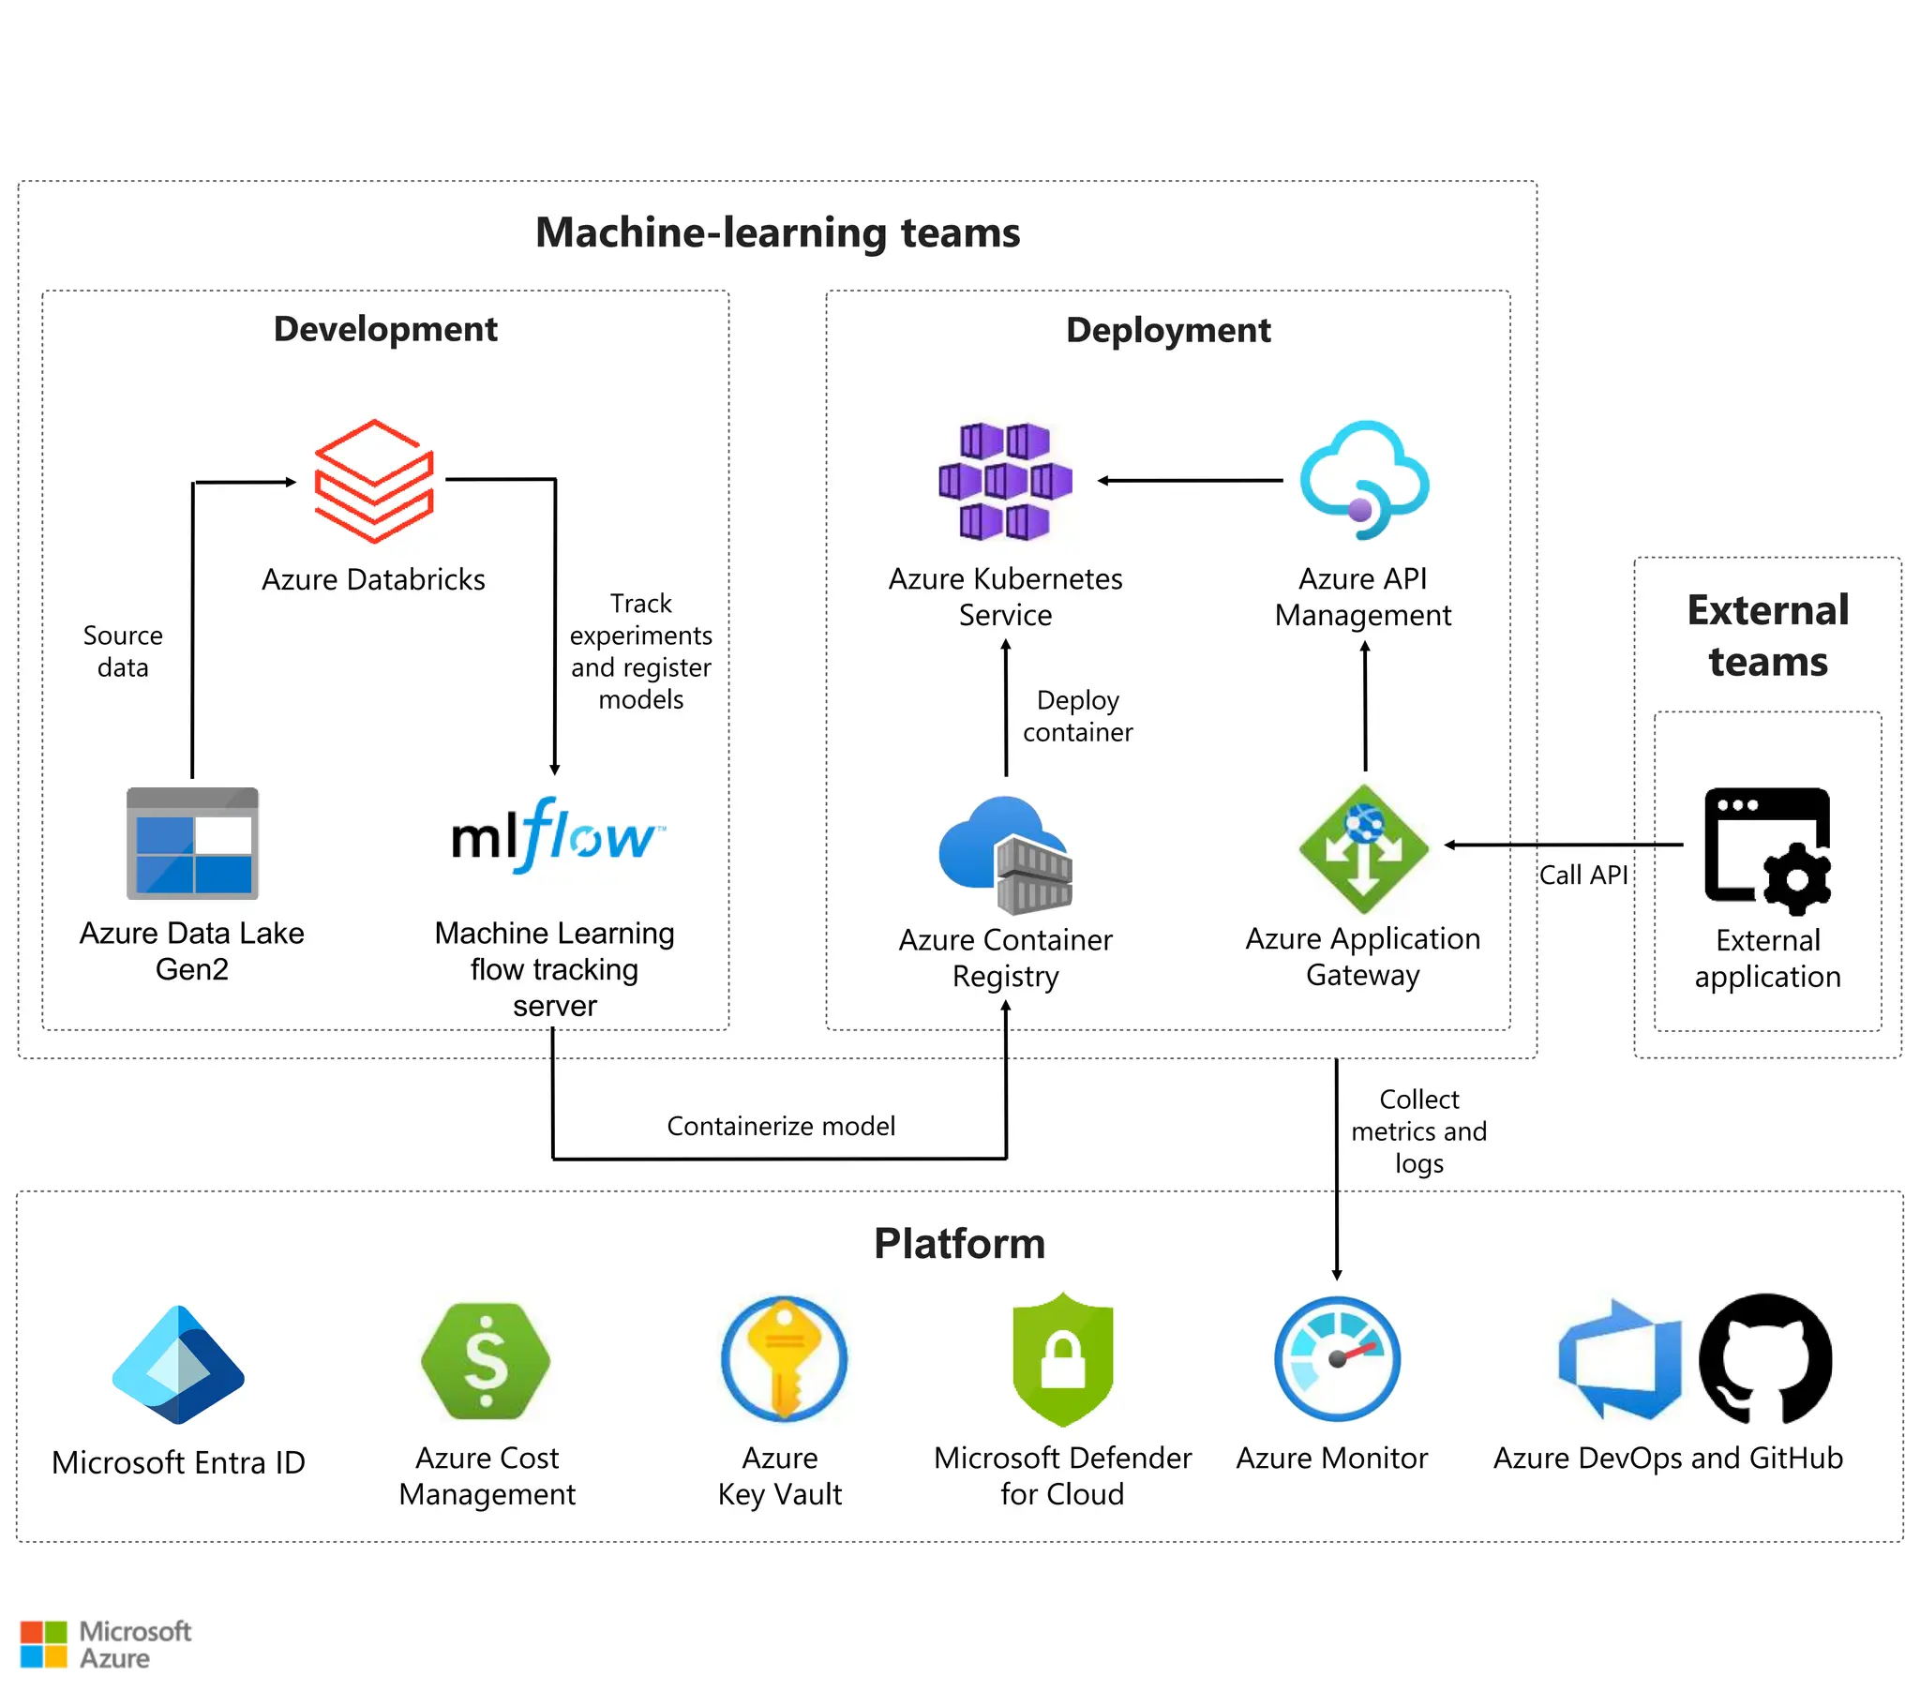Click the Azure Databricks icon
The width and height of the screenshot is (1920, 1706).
pos(374,481)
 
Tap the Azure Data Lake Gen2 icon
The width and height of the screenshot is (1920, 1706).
pos(192,843)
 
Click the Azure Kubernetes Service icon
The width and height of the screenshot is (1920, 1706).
pos(1005,481)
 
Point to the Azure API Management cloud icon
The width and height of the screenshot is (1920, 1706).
pos(1364,479)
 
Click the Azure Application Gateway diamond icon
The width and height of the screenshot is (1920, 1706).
pos(1364,848)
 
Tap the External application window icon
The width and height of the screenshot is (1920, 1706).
pos(1767,850)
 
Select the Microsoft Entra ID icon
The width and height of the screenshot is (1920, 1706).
pos(178,1364)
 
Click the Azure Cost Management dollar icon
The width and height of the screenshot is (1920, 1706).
pos(486,1360)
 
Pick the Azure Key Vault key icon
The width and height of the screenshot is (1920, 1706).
pos(784,1358)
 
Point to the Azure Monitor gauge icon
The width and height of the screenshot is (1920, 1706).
pos(1337,1358)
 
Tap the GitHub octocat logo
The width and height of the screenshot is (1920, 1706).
pos(1765,1358)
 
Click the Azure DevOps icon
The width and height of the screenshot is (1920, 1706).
pos(1619,1358)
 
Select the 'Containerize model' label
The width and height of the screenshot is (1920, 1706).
pos(781,1126)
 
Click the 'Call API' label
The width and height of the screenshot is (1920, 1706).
pos(1582,875)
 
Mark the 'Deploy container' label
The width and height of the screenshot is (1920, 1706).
pos(1077,716)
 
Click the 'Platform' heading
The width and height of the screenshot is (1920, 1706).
pos(959,1243)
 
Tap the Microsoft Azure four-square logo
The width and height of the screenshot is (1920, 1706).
pos(44,1644)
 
